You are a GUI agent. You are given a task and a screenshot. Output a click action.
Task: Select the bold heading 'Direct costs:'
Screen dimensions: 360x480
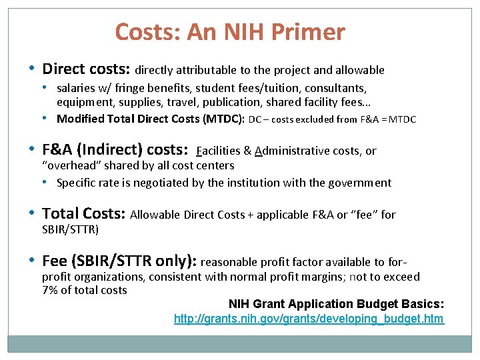point(87,69)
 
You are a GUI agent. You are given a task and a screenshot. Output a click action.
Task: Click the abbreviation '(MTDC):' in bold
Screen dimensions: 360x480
point(225,119)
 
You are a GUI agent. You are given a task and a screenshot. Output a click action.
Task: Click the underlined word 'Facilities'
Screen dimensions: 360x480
point(221,151)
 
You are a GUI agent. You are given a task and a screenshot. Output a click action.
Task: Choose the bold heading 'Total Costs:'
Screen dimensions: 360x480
point(83,214)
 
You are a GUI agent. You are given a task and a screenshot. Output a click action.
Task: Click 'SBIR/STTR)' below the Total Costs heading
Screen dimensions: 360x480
point(70,229)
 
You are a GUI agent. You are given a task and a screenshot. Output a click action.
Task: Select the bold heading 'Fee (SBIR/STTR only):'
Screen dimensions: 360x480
point(119,261)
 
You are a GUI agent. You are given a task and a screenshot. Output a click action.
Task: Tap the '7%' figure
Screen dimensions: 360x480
point(50,289)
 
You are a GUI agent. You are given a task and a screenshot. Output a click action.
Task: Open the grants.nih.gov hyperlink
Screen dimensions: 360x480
point(309,319)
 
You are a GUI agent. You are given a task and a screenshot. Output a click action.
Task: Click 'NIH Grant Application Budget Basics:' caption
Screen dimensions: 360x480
point(336,304)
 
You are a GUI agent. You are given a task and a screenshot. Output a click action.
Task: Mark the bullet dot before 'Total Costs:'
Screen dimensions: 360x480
point(33,213)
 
